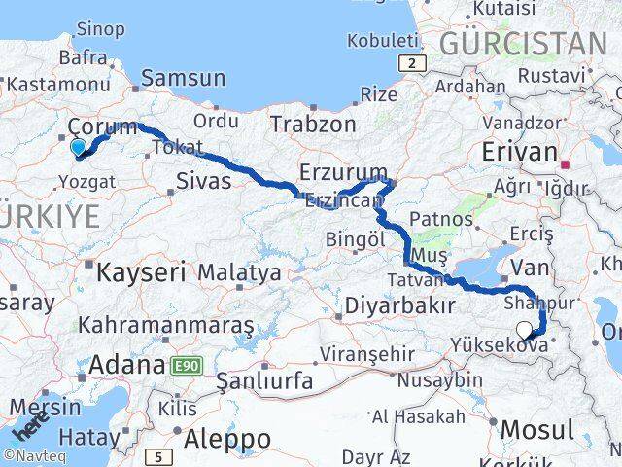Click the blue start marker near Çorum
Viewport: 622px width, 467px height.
[x=79, y=147]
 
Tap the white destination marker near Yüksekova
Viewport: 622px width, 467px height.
[x=526, y=330]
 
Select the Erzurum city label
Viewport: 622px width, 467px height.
[x=336, y=172]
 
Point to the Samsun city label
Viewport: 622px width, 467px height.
[x=184, y=78]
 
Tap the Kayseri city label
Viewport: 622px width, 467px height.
[x=140, y=272]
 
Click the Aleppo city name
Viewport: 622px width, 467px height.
[x=228, y=439]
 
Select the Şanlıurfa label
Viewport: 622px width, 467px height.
[x=264, y=380]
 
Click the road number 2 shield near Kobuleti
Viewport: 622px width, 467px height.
[x=413, y=63]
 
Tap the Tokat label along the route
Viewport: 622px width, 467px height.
[x=177, y=148]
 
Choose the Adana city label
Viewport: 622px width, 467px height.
[x=126, y=366]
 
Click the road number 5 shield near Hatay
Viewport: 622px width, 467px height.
[x=159, y=455]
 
